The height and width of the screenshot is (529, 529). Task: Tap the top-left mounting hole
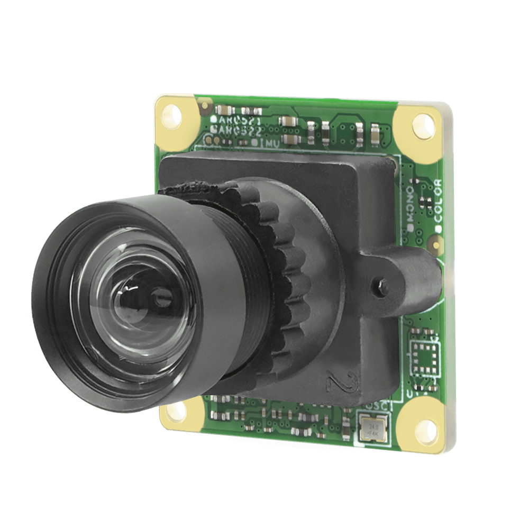click(173, 113)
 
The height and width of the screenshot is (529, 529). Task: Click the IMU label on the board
click(268, 142)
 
